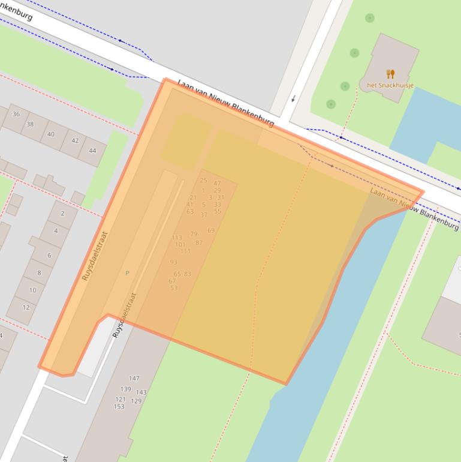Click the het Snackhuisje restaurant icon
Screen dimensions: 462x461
(x=390, y=74)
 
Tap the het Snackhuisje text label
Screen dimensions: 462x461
(x=390, y=86)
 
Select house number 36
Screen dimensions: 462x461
(x=16, y=114)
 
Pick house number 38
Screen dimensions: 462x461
(x=30, y=124)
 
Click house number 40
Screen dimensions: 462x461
(x=51, y=134)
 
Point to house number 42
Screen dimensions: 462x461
(x=75, y=141)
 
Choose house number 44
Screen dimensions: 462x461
(x=92, y=151)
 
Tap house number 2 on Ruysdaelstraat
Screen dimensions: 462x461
(x=62, y=214)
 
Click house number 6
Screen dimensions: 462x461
(x=49, y=255)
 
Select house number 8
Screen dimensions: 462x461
(x=40, y=272)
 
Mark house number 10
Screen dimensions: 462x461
(x=32, y=290)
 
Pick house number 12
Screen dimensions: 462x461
(x=26, y=307)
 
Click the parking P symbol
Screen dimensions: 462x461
(x=127, y=273)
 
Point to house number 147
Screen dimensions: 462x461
(x=134, y=378)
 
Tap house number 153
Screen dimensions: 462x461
(x=119, y=406)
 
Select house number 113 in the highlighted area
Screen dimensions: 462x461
(x=176, y=238)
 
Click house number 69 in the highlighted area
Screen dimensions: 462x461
(x=211, y=230)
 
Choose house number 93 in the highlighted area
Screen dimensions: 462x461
(x=173, y=262)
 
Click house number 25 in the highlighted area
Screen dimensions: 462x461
(x=203, y=180)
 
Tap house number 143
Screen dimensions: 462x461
(x=141, y=392)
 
